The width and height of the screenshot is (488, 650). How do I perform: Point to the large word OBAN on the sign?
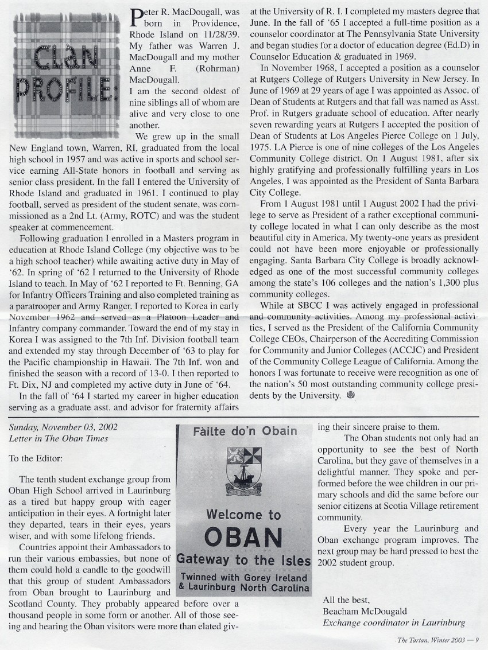[244, 538]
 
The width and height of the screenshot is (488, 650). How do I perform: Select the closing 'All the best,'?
[346, 601]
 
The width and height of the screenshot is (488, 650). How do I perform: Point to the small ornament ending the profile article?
[351, 395]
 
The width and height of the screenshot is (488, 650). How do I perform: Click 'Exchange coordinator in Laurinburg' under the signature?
[393, 622]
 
